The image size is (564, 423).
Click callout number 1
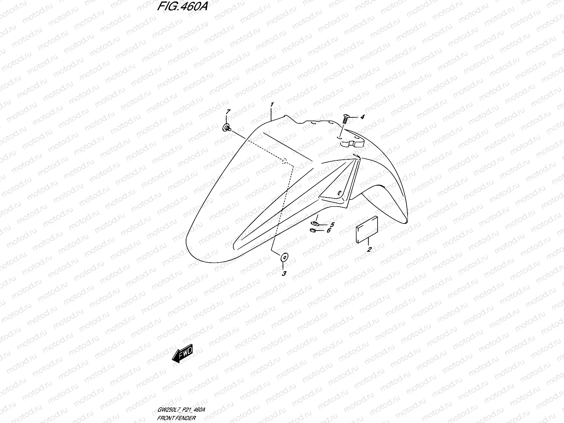[272, 105]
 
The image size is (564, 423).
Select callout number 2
[369, 250]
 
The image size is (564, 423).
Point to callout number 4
[362, 117]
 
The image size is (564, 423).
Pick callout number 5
[332, 225]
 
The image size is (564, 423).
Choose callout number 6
[329, 231]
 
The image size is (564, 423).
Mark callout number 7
[228, 112]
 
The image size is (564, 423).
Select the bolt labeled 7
[226, 128]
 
